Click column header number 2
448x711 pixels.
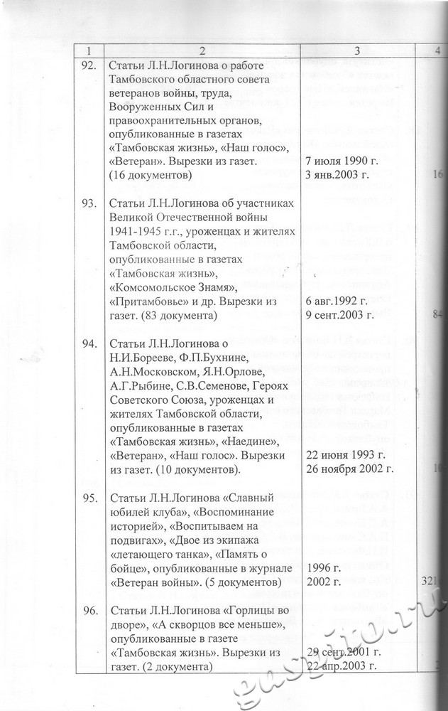tap(202, 50)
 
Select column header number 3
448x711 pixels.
tap(357, 50)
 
